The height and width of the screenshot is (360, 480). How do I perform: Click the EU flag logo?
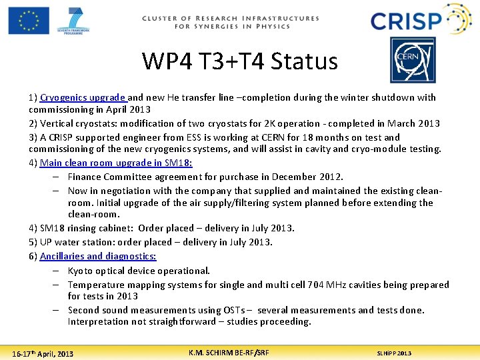(x=29, y=20)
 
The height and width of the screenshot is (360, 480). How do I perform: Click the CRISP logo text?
(x=406, y=21)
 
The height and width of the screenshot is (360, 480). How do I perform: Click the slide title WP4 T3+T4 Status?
(x=239, y=61)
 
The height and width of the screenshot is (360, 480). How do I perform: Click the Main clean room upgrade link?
(x=116, y=163)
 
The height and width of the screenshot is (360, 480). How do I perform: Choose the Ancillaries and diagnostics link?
(x=98, y=256)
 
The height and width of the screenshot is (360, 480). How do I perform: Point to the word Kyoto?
(x=81, y=271)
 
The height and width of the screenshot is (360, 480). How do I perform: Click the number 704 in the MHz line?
(x=317, y=285)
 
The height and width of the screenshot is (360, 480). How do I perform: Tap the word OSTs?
(x=231, y=310)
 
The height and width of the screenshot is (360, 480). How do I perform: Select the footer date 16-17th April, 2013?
(x=43, y=353)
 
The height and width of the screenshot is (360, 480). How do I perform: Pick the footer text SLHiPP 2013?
(x=394, y=353)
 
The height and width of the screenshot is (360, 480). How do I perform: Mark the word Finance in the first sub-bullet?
(x=85, y=177)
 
